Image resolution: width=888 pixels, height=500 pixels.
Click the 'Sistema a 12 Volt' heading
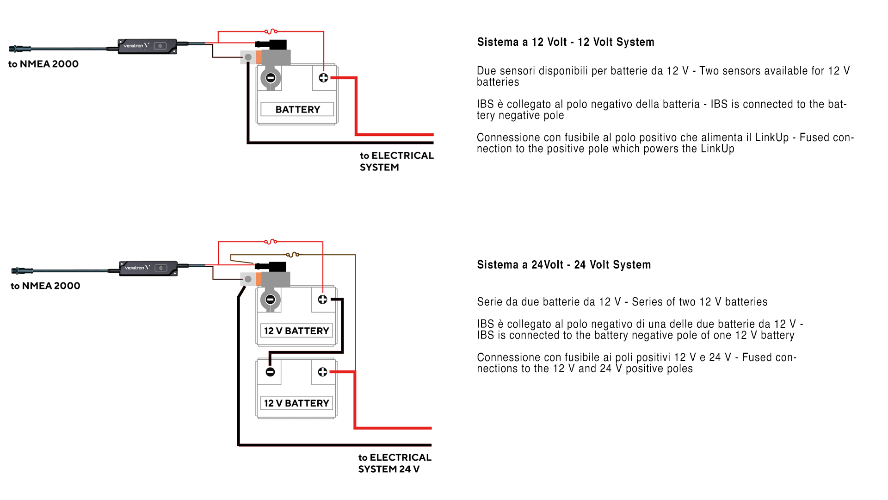(565, 42)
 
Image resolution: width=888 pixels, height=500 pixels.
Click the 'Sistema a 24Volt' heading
(563, 265)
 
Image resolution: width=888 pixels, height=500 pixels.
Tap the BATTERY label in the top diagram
(297, 110)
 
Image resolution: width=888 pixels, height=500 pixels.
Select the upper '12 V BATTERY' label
(296, 331)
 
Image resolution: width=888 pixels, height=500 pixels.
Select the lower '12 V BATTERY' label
(296, 403)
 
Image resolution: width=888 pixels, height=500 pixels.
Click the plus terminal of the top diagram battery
(323, 78)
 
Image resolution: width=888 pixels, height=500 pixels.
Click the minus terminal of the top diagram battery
(271, 78)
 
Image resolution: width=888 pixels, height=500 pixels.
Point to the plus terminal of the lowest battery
(322, 372)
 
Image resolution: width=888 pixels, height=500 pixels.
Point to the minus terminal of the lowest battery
(271, 372)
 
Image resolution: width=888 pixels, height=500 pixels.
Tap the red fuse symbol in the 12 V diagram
(271, 31)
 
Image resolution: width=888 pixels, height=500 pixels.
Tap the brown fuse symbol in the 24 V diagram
(293, 255)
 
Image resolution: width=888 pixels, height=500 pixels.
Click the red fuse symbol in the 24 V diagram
(271, 242)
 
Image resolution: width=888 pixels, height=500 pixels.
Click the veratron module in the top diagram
(147, 46)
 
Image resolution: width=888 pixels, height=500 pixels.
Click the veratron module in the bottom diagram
(148, 268)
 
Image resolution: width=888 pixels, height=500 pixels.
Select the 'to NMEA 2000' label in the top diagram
(43, 64)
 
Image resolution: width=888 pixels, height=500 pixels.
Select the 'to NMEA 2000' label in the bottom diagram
(45, 286)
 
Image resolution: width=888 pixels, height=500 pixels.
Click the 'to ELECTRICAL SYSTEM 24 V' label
(395, 463)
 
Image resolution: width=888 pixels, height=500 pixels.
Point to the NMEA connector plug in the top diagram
(20, 49)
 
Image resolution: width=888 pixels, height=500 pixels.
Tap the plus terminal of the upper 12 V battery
(322, 300)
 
